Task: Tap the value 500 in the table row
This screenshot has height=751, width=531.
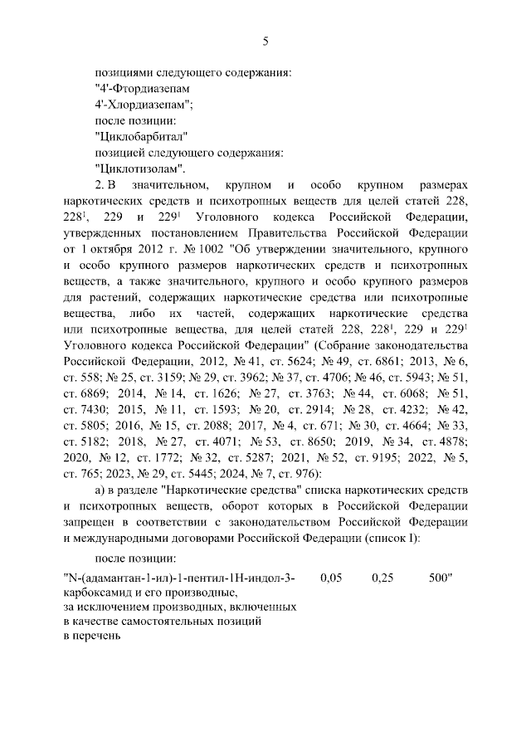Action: (440, 578)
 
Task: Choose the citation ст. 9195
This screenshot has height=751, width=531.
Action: (385, 456)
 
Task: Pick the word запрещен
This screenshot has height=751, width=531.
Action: (92, 520)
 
